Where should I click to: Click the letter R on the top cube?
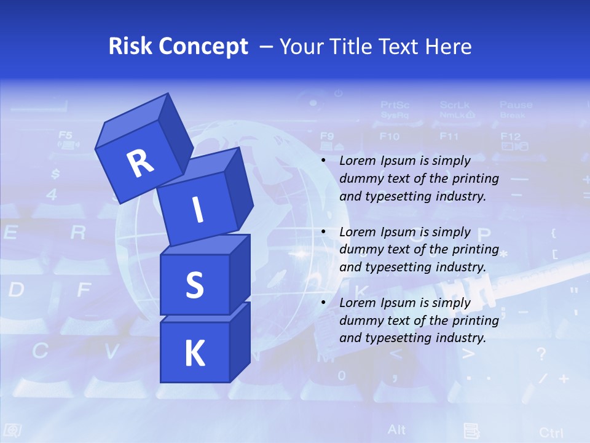[x=141, y=163]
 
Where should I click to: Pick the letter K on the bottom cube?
[x=194, y=354]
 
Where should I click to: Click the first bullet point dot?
[x=323, y=161]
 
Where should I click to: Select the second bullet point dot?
[x=323, y=232]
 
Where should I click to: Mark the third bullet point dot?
[x=323, y=303]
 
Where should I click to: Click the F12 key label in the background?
[x=510, y=136]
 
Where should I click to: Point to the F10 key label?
[x=389, y=136]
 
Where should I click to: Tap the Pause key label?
[x=516, y=105]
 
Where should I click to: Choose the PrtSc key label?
[x=395, y=105]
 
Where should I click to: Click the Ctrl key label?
[x=551, y=432]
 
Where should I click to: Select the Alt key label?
[x=396, y=429]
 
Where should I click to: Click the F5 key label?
[x=65, y=135]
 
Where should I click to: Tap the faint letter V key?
[x=111, y=351]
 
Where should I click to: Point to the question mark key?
[x=541, y=354]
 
